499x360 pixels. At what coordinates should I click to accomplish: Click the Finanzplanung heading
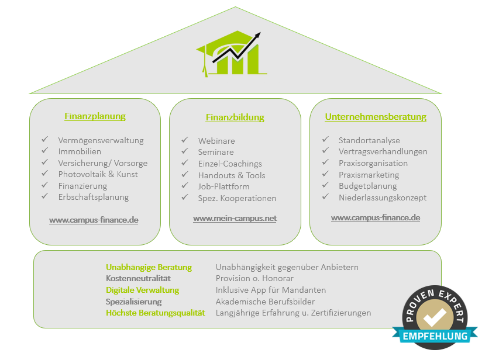point(95,116)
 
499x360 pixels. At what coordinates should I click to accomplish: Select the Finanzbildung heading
point(235,117)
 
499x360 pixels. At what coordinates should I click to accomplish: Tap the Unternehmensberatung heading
point(376,117)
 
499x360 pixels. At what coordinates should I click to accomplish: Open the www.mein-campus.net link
point(235,219)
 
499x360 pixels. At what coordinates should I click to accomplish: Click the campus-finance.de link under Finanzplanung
point(94,220)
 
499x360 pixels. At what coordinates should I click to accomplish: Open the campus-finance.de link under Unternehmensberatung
point(376,218)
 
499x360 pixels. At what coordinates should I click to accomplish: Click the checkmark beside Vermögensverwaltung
point(44,139)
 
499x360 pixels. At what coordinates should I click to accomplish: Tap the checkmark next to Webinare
point(185,140)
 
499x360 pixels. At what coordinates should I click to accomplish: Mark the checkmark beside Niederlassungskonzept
point(325,197)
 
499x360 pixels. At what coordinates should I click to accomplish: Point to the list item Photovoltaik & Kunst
point(98,174)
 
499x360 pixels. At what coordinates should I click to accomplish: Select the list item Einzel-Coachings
point(230,164)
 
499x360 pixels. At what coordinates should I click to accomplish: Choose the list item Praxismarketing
point(369,175)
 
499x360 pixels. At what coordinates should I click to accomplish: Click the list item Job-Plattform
point(223,186)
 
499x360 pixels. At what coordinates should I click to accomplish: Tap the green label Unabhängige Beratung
point(149,268)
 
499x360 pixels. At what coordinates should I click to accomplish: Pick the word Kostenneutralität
point(138,279)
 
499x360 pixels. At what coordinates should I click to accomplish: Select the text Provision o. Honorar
point(254,279)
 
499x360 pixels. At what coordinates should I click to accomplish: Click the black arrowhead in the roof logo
point(257,36)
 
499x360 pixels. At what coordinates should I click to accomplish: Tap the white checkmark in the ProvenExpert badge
point(435,316)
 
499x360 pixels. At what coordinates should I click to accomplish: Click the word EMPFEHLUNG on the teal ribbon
point(435,337)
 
